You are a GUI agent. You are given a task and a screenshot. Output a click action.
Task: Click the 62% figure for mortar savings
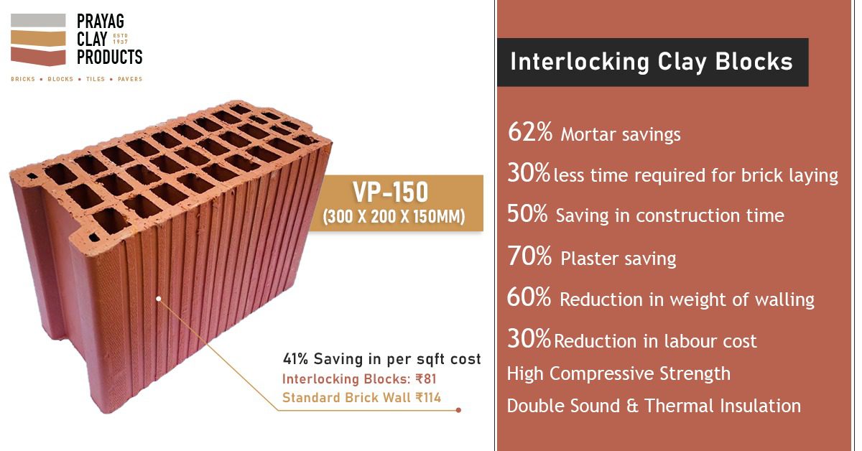click(530, 132)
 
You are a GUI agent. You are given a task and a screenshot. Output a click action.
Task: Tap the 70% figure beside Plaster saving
click(530, 256)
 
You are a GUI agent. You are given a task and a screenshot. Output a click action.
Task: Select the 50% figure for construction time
click(528, 214)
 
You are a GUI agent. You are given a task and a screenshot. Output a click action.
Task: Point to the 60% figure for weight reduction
click(529, 297)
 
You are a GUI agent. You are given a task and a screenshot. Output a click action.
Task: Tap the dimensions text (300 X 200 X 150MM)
click(393, 216)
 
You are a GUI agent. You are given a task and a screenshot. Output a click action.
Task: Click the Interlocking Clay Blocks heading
click(652, 62)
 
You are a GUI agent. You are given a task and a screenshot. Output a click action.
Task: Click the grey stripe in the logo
click(38, 21)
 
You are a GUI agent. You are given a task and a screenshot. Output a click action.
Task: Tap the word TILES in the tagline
click(96, 79)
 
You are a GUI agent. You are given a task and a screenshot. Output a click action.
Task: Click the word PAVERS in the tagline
click(130, 79)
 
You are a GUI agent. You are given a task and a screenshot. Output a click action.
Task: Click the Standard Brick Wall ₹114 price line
click(361, 397)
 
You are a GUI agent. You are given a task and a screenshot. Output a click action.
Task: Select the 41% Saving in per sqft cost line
click(382, 359)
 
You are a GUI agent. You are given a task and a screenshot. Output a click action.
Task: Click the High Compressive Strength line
click(618, 373)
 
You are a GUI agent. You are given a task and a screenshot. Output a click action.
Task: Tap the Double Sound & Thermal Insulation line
click(654, 406)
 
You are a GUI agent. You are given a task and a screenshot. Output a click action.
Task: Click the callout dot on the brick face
click(158, 297)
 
